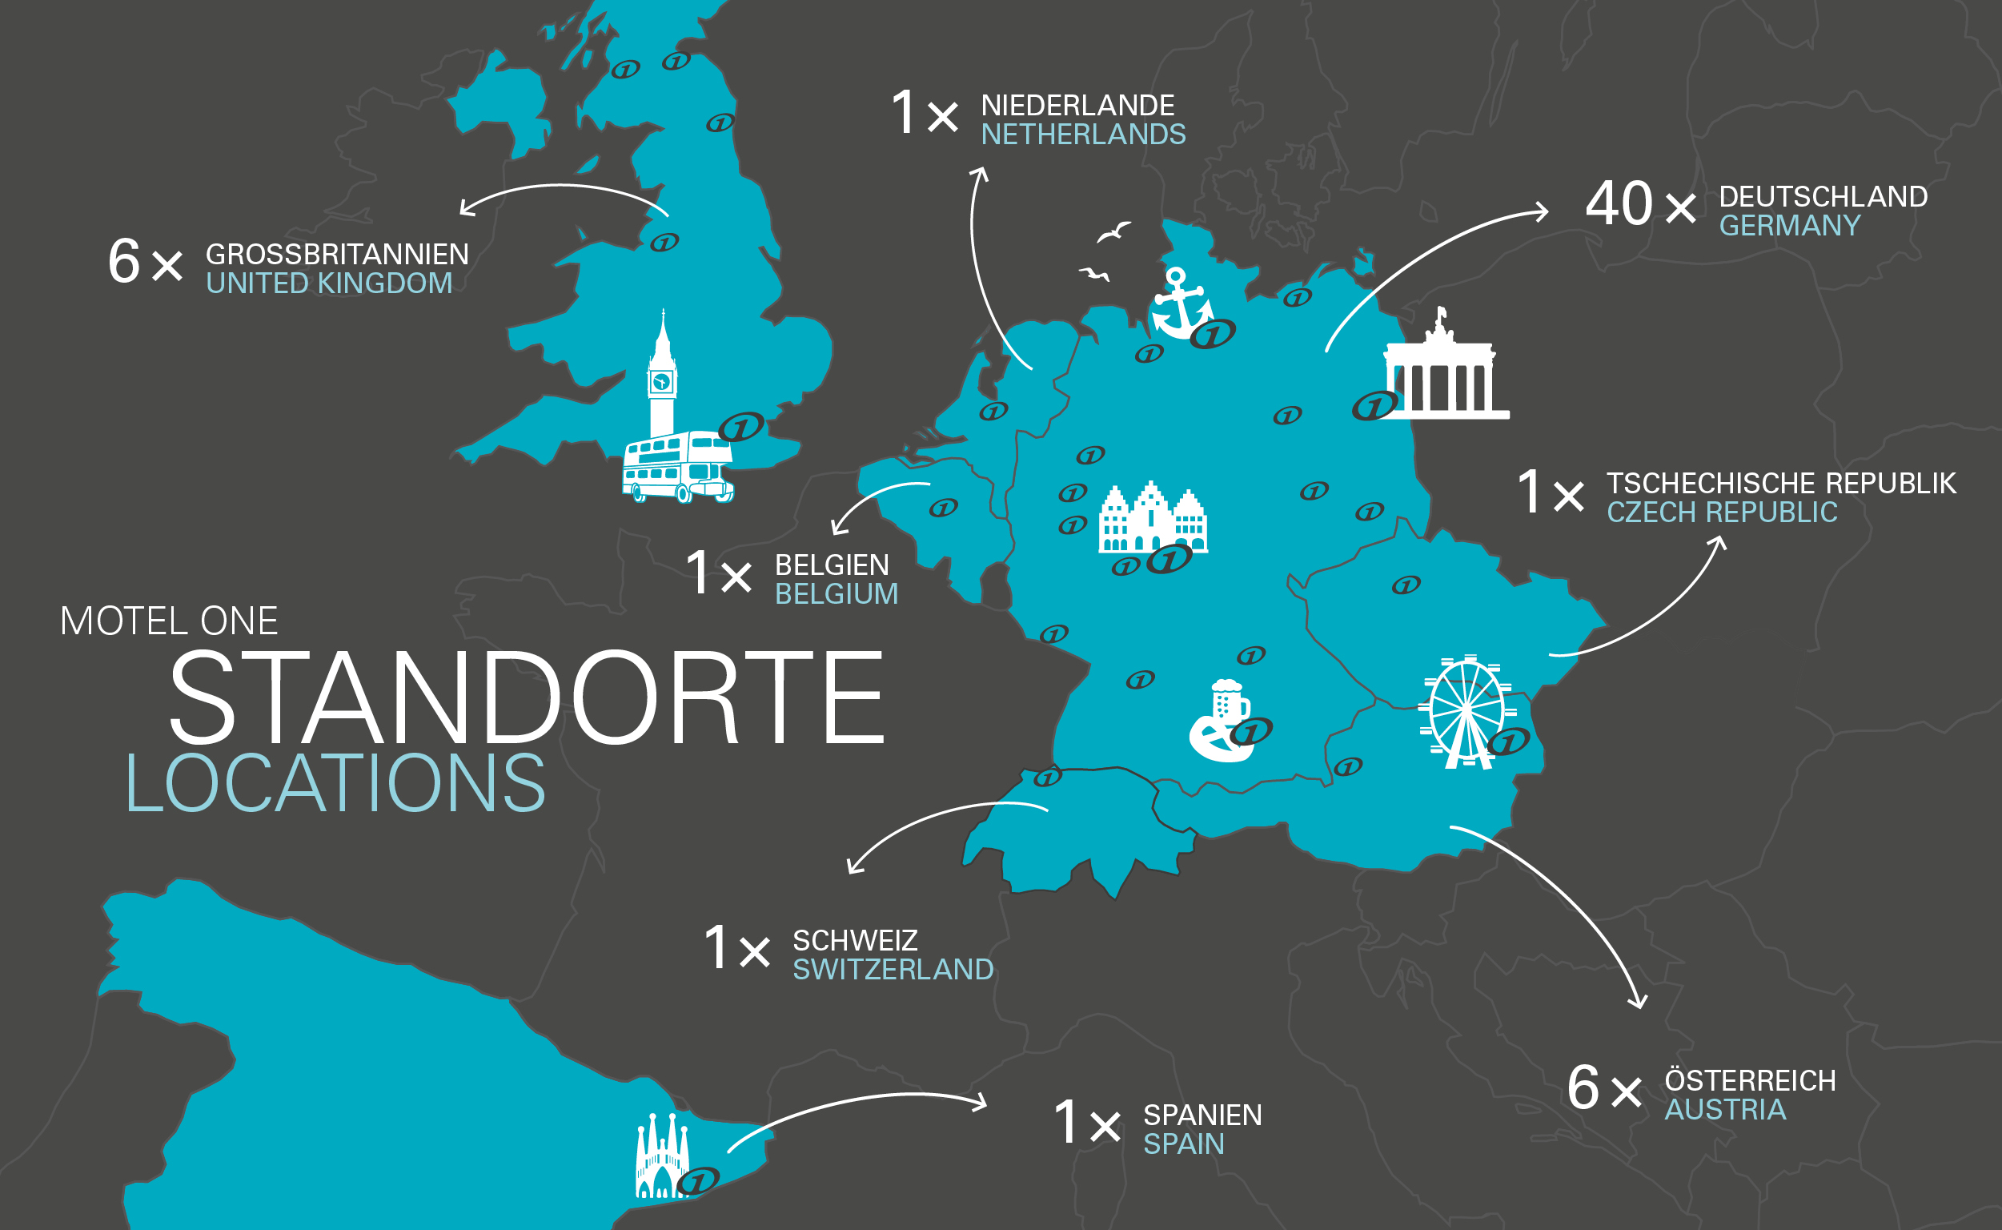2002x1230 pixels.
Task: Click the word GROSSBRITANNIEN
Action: click(337, 255)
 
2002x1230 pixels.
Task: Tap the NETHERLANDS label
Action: click(1083, 135)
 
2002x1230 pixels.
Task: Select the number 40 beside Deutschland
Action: click(1619, 203)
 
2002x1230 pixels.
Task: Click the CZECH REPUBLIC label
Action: click(1722, 512)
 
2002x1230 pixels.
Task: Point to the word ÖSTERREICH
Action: click(1750, 1080)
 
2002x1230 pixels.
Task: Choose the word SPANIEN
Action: click(1202, 1115)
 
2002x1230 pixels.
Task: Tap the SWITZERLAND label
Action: click(893, 970)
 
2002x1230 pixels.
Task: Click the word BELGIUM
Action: click(836, 595)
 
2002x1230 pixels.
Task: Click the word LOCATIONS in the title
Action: click(335, 783)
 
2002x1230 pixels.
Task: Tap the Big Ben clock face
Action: click(662, 380)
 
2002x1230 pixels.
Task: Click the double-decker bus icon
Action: click(676, 468)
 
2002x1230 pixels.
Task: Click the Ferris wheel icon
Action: click(1466, 713)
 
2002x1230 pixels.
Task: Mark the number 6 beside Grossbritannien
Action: click(123, 262)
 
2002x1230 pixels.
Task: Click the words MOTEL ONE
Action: click(169, 621)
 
